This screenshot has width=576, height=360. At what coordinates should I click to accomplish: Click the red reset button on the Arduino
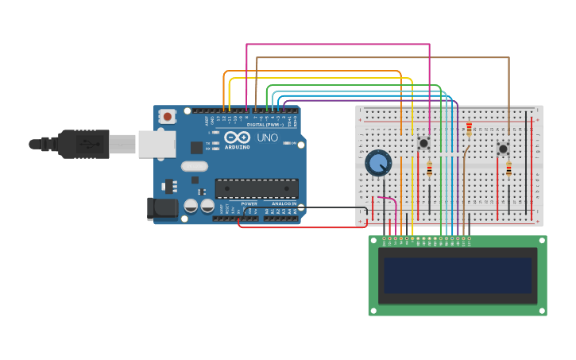[x=167, y=116]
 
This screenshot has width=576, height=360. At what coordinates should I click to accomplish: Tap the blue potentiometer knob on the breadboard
[x=378, y=164]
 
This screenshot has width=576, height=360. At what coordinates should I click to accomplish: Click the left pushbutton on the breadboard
[x=423, y=143]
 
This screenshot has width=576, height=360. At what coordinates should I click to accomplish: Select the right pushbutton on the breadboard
[x=503, y=149]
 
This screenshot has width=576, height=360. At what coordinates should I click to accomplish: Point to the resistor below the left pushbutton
[x=430, y=169]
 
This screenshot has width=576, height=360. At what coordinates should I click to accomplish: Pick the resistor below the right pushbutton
[x=509, y=169]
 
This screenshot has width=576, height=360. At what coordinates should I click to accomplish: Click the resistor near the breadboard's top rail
[x=469, y=128]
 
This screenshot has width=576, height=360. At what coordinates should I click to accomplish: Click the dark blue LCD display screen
[x=457, y=274]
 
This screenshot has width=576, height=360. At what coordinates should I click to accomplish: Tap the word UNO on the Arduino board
[x=267, y=137]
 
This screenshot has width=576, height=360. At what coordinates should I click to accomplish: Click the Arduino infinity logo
[x=238, y=136]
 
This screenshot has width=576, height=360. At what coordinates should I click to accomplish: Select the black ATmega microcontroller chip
[x=257, y=188]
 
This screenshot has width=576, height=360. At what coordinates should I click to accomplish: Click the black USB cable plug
[x=84, y=144]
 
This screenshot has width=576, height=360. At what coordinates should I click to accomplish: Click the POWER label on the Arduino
[x=249, y=203]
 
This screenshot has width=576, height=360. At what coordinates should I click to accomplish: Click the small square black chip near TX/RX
[x=196, y=147]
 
